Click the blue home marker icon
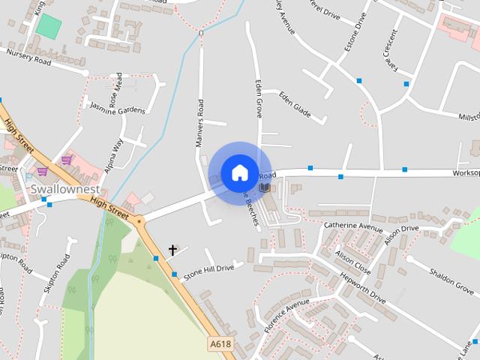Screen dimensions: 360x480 coord(239,172)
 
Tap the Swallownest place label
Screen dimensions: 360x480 coord(65,188)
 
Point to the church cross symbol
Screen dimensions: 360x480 coord(173,250)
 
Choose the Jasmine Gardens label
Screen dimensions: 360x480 coord(118,109)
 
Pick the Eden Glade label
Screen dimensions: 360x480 coord(294,103)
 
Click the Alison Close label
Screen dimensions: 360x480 coord(352,263)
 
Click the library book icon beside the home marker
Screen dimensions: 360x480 coord(265,186)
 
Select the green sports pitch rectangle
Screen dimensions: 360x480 coord(49,27)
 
